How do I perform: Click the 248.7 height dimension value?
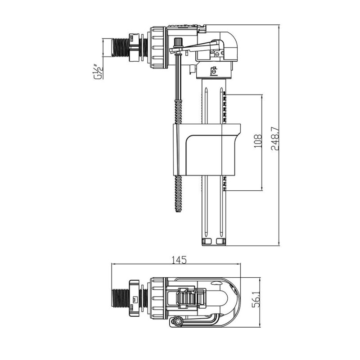[x=275, y=139]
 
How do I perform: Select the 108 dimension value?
[x=258, y=141]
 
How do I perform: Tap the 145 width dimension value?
[x=179, y=260]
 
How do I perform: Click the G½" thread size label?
[x=97, y=72]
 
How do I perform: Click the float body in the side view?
[x=207, y=150]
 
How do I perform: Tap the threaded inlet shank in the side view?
[x=120, y=48]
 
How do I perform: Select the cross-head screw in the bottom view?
[x=178, y=322]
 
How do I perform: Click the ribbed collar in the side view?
[x=158, y=48]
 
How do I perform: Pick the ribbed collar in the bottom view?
[x=158, y=298]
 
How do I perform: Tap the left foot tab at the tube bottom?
[x=207, y=241]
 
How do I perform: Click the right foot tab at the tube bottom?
[x=221, y=241]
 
